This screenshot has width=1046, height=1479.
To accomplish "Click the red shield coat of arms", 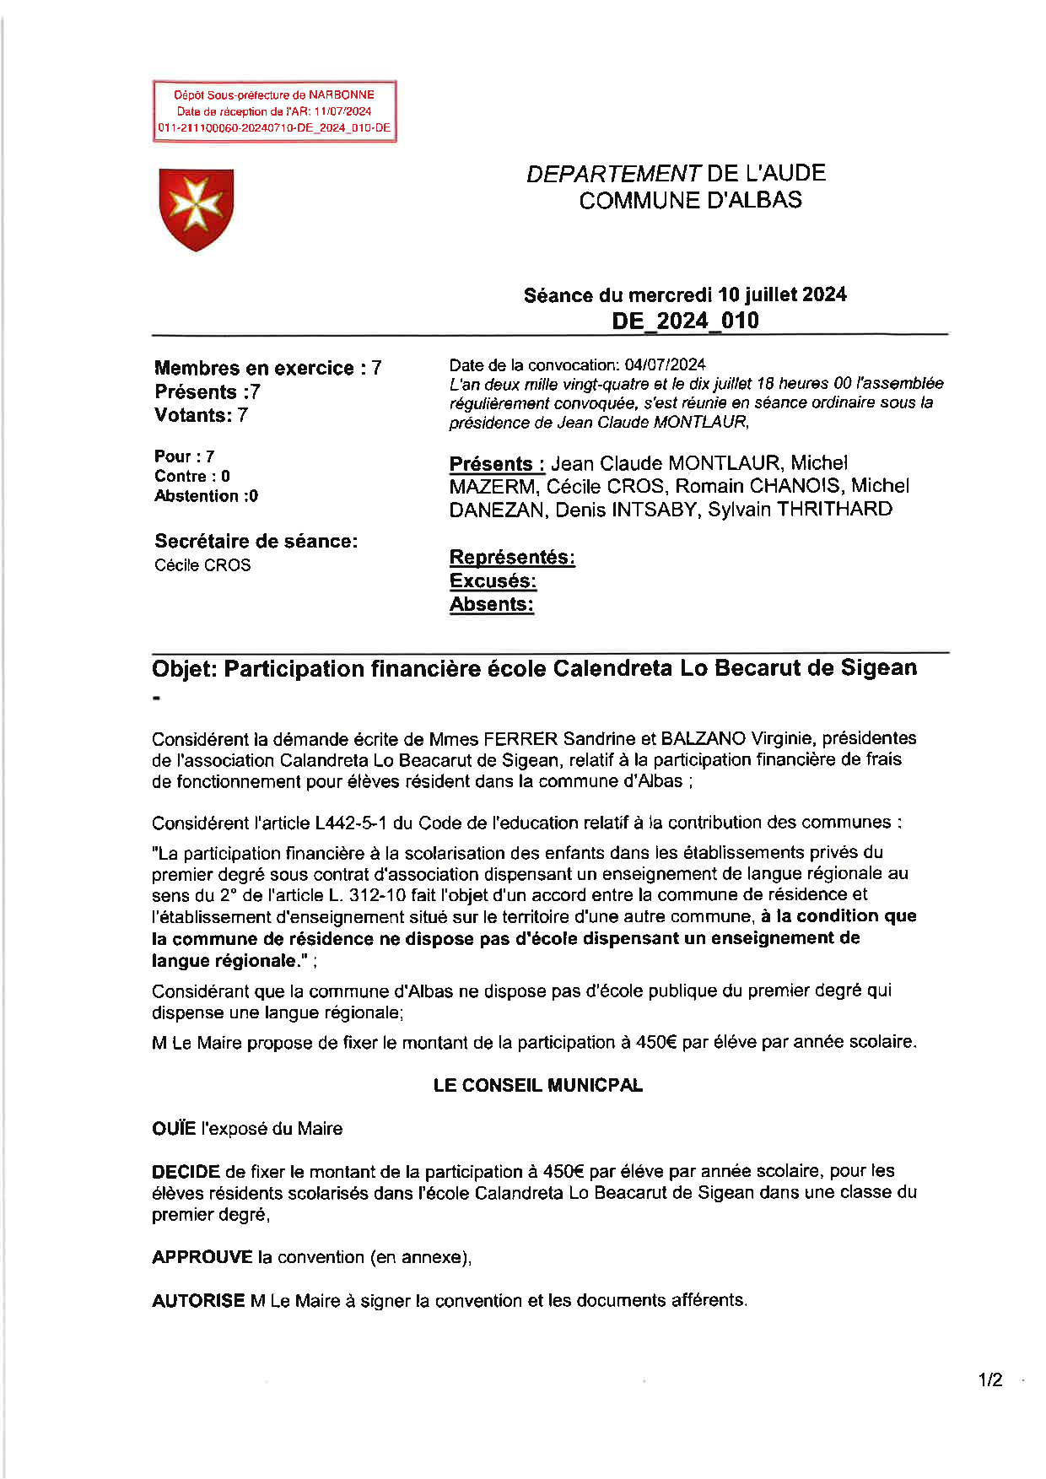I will tap(196, 208).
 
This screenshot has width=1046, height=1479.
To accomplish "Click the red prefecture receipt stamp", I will tap(274, 111).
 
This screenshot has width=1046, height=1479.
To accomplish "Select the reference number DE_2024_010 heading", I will tap(685, 321).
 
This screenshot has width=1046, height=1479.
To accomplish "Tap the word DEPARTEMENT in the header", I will tap(613, 174).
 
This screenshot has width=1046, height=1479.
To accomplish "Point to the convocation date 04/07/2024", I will tap(665, 364).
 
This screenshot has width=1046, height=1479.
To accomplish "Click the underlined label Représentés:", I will tap(512, 558).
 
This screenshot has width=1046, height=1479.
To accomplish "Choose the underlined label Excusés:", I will tap(493, 581).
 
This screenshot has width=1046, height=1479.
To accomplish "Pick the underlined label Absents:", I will tap(492, 605).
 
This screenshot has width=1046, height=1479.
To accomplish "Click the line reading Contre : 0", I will tap(192, 477).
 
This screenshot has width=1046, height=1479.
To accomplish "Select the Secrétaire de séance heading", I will tap(256, 542).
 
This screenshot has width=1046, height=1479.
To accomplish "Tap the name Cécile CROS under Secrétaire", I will tap(202, 565).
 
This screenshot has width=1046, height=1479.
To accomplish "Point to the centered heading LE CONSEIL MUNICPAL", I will tap(537, 1086).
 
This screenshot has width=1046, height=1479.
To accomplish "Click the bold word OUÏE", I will tap(174, 1129).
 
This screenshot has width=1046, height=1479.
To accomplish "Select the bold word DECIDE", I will tap(186, 1172).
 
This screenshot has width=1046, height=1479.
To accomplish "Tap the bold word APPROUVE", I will tap(202, 1257).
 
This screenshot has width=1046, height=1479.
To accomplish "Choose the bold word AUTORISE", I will tap(198, 1301).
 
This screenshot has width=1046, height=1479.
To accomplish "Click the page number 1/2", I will tap(990, 1380).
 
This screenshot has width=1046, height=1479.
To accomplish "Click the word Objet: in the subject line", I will tap(185, 669).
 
